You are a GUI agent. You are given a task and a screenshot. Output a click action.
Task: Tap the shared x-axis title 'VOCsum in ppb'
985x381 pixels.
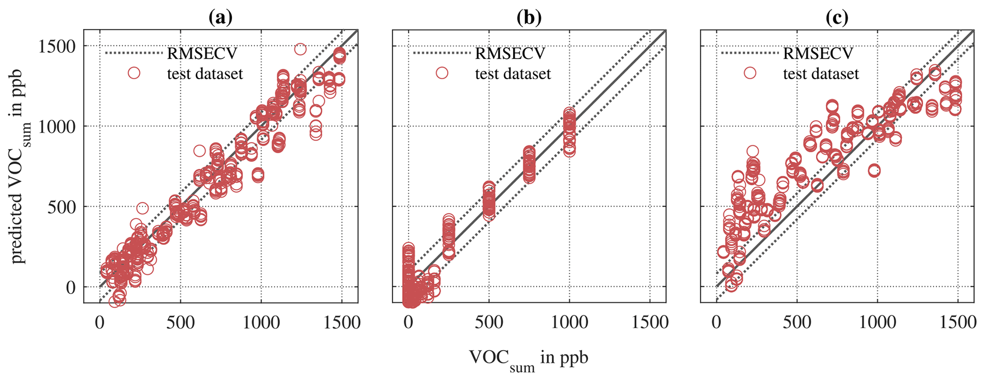tap(528, 359)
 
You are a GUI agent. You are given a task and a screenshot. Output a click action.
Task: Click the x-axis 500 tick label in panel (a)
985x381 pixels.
tap(181, 323)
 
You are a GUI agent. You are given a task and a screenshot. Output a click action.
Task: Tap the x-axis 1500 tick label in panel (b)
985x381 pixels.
tap(650, 323)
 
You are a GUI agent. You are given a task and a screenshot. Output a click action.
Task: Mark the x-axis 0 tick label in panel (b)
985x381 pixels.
tap(408, 323)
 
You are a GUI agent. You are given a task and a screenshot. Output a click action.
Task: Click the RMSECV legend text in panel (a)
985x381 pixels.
tap(202, 53)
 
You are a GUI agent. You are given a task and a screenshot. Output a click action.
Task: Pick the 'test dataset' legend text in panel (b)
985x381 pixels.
tap(513, 74)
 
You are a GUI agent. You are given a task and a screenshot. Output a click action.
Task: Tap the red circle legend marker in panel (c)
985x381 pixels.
tap(750, 72)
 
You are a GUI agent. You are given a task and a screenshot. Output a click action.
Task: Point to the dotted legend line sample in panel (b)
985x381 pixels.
tap(441, 53)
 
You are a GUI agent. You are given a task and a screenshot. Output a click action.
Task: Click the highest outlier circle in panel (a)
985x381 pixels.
tap(300, 49)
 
